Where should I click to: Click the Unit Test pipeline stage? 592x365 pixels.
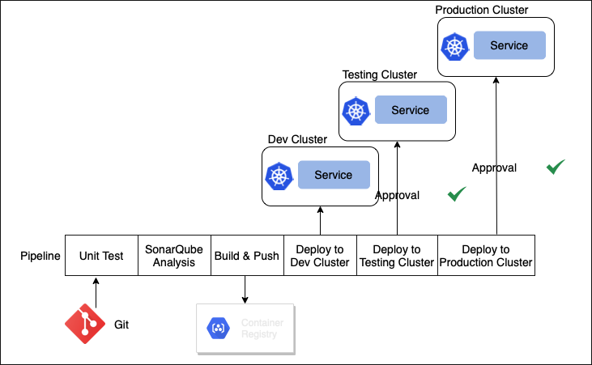101,256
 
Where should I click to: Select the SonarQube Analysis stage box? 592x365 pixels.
174,256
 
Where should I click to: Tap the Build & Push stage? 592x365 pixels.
246,256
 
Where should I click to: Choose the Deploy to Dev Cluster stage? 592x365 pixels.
320,256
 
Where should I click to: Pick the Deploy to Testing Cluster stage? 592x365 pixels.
397,256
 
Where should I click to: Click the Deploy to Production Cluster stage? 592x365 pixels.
486,256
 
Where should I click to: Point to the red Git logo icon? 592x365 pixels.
85,325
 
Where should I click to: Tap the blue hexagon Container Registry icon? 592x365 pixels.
218,328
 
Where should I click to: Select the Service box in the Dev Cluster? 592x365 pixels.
334,175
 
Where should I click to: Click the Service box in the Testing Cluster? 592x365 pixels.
411,110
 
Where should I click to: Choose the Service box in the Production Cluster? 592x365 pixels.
509,45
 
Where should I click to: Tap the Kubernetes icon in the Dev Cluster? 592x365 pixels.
279,176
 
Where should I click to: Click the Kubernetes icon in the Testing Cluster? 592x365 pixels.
356,111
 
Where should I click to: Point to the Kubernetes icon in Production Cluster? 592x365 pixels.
454,46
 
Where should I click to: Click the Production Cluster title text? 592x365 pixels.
481,10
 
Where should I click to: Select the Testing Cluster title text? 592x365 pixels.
379,74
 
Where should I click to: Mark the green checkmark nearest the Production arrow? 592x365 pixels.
555,167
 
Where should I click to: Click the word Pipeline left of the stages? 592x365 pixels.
40,256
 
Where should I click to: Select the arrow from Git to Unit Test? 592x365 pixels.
96,292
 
